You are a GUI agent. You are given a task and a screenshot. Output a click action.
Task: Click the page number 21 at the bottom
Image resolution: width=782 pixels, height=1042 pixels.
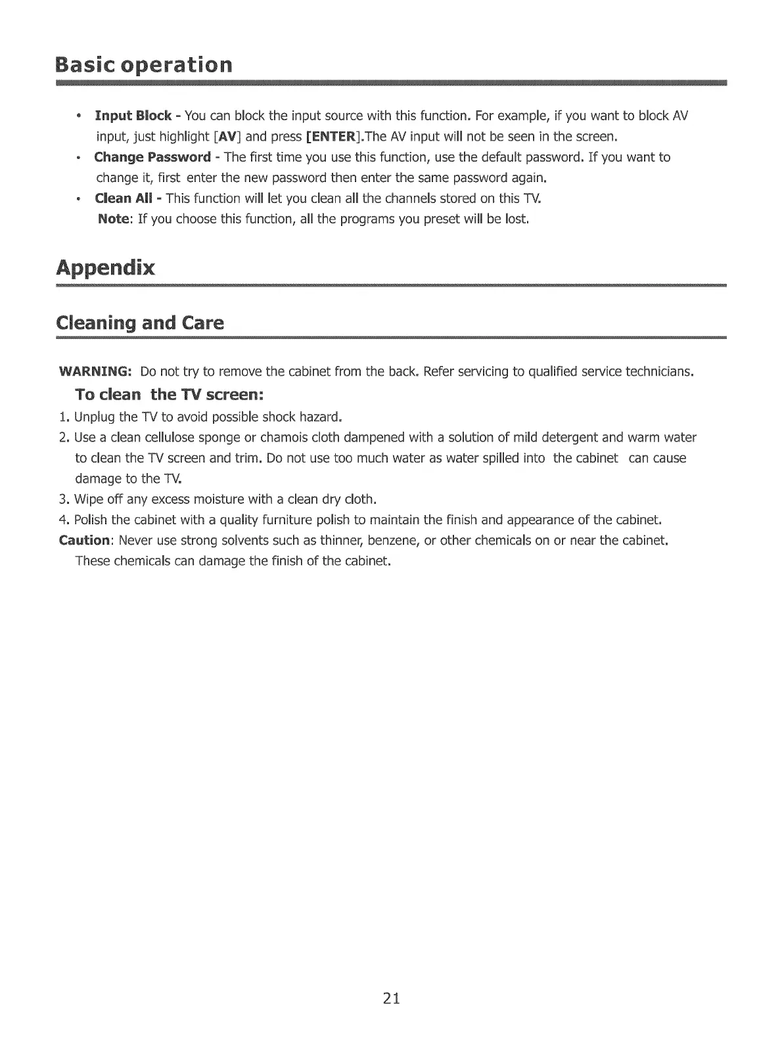click(x=391, y=999)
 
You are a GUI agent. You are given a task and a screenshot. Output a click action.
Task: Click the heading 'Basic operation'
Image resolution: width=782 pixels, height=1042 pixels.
click(x=144, y=65)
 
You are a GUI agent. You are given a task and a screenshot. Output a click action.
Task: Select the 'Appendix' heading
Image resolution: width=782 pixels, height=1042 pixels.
click(x=106, y=268)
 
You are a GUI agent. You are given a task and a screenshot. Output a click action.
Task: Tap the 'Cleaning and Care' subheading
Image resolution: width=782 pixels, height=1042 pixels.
click(x=140, y=323)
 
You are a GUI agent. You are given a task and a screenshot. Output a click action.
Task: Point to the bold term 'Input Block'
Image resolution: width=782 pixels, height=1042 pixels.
click(x=133, y=116)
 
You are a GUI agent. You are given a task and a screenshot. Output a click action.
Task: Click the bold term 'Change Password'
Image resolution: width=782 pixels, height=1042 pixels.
click(x=152, y=158)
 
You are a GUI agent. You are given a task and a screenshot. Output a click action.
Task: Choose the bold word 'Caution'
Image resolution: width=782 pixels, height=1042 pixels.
click(x=84, y=541)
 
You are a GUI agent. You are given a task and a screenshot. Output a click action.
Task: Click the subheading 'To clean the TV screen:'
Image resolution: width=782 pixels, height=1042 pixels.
click(x=170, y=395)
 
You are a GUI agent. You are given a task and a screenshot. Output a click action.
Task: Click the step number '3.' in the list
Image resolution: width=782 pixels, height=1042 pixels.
click(x=64, y=499)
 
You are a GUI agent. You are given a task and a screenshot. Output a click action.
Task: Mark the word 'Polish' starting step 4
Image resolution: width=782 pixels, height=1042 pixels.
click(x=91, y=520)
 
